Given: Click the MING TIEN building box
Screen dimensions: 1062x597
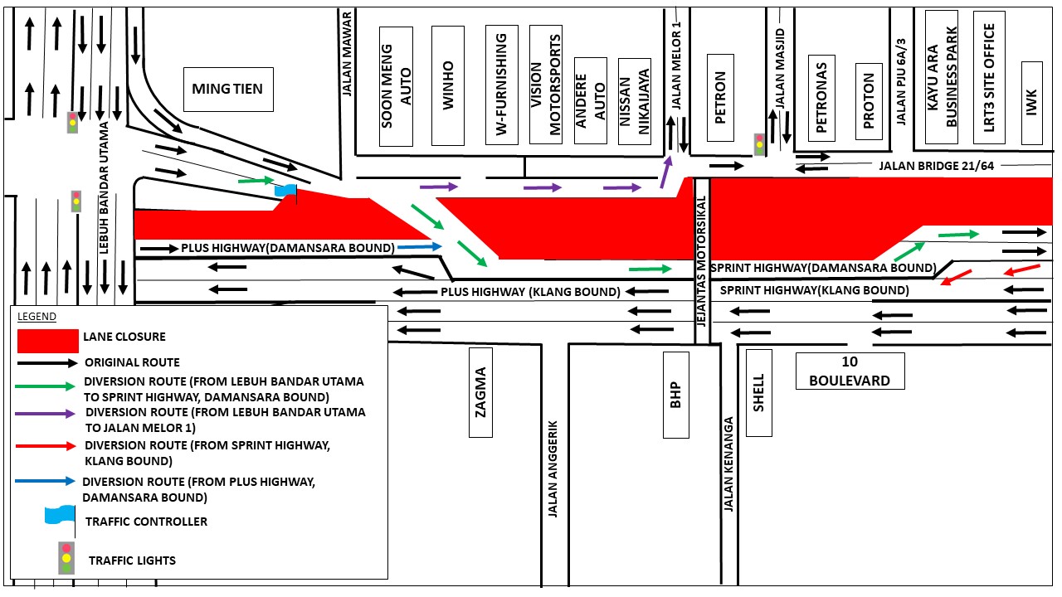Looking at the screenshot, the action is coord(228,89).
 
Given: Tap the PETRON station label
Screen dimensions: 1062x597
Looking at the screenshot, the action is coord(720,98).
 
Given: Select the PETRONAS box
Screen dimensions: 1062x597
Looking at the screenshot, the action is coord(821,98).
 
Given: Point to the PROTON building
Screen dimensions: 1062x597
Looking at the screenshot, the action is coord(869,101).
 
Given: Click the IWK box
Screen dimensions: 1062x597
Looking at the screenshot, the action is coord(1031,103).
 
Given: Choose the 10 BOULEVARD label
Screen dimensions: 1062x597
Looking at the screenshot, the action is coord(850,371).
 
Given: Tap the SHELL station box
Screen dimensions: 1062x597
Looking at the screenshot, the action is coord(759,393).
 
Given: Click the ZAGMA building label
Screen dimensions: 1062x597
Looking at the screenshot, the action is coord(480,392).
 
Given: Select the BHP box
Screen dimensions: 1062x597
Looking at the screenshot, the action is coord(676,395).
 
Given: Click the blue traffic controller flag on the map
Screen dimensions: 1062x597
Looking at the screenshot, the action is coord(286,191).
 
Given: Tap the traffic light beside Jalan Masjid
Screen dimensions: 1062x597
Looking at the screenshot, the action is coord(759,144).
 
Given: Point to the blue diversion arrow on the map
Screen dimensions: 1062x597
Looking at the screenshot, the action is coord(420,246).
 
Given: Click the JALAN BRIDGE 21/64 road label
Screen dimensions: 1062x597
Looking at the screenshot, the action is coord(937,166).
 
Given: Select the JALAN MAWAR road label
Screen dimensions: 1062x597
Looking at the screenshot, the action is coord(347,55).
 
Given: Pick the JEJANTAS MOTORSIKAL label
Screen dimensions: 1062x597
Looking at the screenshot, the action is coord(702,261).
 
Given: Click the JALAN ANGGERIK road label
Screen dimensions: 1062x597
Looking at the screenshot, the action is coord(553,468).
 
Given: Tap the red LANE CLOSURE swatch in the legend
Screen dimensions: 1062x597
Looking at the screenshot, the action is coord(48,341).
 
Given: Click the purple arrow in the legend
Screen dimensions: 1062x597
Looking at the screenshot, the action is coord(45,414).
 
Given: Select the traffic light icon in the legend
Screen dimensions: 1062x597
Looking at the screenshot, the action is coord(66,558).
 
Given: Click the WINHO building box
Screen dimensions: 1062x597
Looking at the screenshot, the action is coord(447,85).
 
